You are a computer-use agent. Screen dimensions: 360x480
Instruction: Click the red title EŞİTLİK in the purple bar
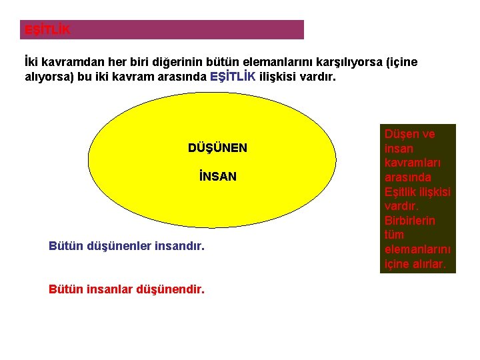click(47, 31)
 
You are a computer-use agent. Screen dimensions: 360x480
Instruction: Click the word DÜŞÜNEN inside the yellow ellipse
click(217, 148)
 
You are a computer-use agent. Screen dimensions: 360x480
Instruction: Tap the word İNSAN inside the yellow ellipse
click(217, 177)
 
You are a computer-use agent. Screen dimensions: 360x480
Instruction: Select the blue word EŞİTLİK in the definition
click(232, 77)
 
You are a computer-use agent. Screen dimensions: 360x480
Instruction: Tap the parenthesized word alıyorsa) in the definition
click(47, 77)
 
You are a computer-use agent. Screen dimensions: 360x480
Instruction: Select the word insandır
click(179, 247)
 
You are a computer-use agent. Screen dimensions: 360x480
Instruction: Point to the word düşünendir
click(170, 289)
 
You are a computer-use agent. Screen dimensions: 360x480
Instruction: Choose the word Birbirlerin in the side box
click(409, 221)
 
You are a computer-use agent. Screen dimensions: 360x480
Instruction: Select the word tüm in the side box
click(394, 235)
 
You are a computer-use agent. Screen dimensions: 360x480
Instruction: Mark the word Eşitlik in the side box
click(401, 192)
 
